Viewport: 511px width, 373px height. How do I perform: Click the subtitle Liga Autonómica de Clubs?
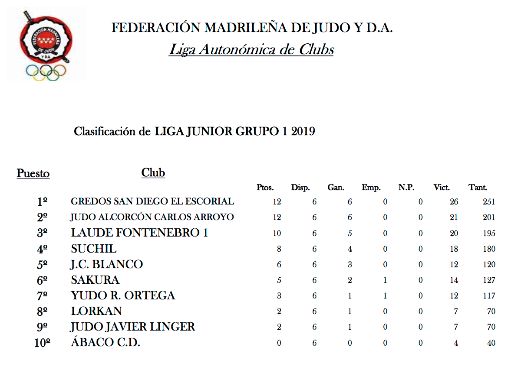(x=251, y=50)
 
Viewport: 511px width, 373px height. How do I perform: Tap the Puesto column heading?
(x=33, y=174)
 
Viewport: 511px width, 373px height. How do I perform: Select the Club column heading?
(x=153, y=173)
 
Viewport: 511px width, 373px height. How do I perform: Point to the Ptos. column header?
(x=265, y=188)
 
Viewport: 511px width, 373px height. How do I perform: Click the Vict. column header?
(x=442, y=188)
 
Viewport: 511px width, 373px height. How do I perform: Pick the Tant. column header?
(x=478, y=188)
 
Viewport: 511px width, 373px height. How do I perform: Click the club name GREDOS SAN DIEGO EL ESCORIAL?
(x=152, y=202)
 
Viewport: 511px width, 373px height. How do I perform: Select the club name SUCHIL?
(x=94, y=249)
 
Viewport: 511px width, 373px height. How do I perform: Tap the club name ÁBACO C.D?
(x=105, y=343)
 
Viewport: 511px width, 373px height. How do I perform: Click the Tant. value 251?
(x=488, y=202)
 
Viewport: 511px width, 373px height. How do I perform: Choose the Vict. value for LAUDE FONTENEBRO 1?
(x=454, y=234)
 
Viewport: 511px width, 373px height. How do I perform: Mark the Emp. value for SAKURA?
(x=385, y=280)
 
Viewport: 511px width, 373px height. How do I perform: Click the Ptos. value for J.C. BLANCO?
(x=279, y=265)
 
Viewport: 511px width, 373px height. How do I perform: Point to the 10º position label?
(x=42, y=344)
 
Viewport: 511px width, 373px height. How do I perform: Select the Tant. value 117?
(x=488, y=296)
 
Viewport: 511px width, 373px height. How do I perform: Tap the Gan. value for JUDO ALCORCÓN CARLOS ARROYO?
(x=349, y=217)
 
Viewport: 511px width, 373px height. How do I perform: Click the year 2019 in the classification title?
(x=303, y=131)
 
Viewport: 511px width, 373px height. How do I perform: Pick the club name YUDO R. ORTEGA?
(x=123, y=296)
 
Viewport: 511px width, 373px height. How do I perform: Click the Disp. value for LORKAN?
(x=314, y=312)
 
